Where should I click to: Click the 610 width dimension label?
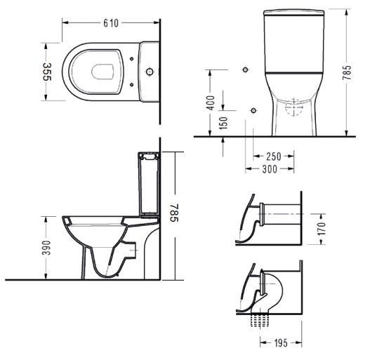(111, 23)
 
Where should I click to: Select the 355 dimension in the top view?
(47, 72)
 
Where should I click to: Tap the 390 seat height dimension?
(46, 248)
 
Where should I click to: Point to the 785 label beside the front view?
(347, 72)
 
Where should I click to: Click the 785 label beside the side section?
(175, 213)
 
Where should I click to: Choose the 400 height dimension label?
(210, 102)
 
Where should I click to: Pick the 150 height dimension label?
(223, 123)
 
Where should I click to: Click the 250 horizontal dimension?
(274, 156)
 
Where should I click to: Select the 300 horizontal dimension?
(270, 169)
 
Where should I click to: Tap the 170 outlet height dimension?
(322, 229)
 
